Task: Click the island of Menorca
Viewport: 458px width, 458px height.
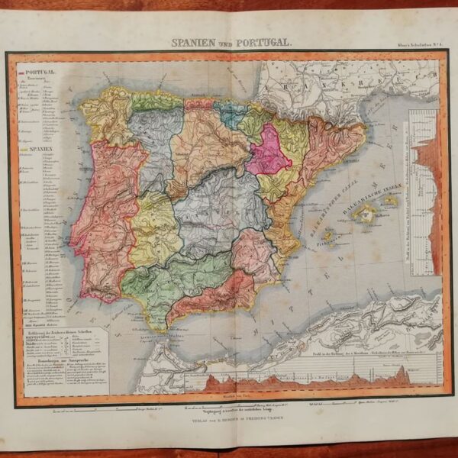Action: (390, 200)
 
